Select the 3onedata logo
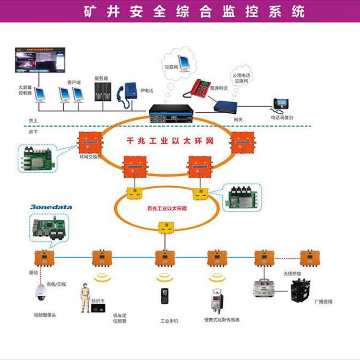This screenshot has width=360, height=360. [x=50, y=207]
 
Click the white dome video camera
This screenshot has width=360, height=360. [x=40, y=291]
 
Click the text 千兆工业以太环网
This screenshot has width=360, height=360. [x=170, y=142]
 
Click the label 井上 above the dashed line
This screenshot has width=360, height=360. [x=34, y=120]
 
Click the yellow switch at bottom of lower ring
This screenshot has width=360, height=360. [x=166, y=226]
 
